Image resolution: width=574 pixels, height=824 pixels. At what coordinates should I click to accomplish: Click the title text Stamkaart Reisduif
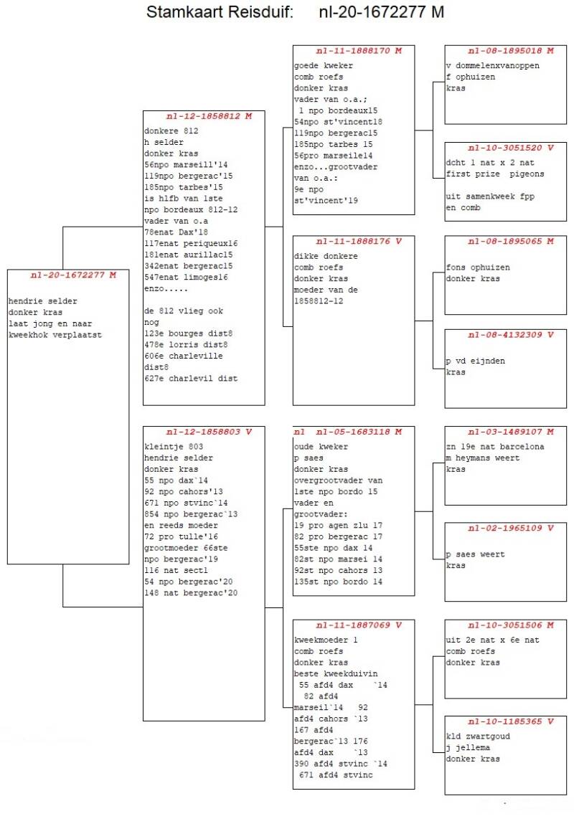[x=220, y=12]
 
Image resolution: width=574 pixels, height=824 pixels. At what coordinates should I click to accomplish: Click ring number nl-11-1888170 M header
[x=359, y=51]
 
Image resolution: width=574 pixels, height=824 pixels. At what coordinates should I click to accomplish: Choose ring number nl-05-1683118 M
[x=359, y=432]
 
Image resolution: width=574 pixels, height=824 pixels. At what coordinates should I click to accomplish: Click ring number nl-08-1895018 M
[x=511, y=51]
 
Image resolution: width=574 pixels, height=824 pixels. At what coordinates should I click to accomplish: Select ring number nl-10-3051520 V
[x=511, y=148]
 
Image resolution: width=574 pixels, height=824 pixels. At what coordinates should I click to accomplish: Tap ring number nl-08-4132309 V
[x=511, y=335]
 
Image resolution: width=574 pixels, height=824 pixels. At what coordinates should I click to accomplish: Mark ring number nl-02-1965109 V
[x=511, y=529]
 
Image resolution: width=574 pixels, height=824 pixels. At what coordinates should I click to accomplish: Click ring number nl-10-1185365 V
[x=511, y=721]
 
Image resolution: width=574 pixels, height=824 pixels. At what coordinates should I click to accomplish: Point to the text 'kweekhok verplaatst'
[x=55, y=335]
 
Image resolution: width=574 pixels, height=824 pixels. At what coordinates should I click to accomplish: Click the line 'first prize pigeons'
[x=495, y=174]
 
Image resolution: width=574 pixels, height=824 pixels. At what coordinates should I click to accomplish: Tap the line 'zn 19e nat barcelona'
[x=495, y=447]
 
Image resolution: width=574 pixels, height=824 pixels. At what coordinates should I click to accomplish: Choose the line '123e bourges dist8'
[x=189, y=333]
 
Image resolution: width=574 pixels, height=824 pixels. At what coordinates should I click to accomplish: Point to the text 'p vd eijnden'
[x=476, y=361]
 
